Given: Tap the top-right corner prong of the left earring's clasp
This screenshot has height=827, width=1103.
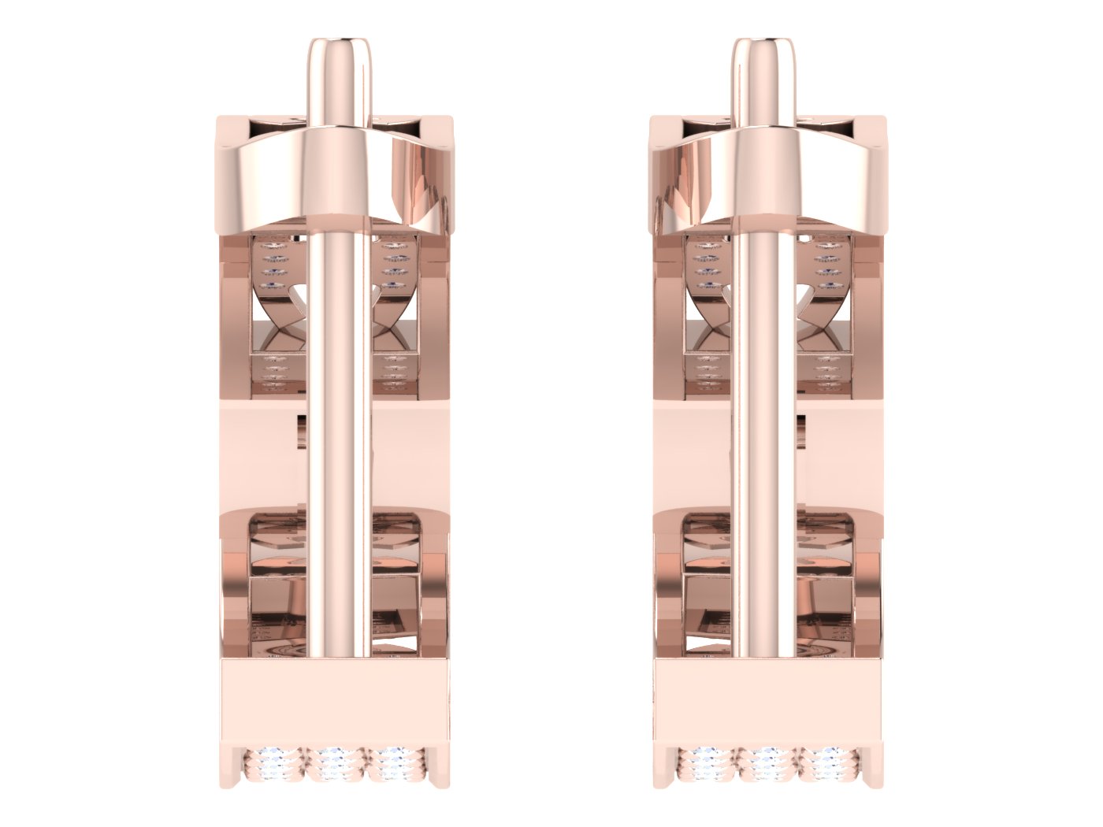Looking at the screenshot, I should (x=441, y=124).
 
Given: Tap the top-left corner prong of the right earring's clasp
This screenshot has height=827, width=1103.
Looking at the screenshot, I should (x=660, y=124).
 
